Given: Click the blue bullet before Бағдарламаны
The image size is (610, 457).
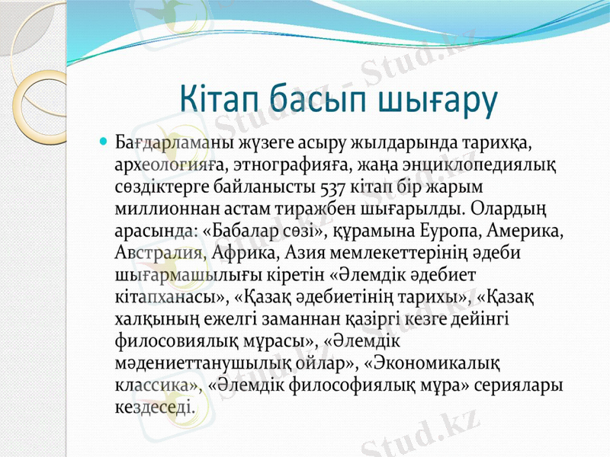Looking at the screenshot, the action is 105,142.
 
